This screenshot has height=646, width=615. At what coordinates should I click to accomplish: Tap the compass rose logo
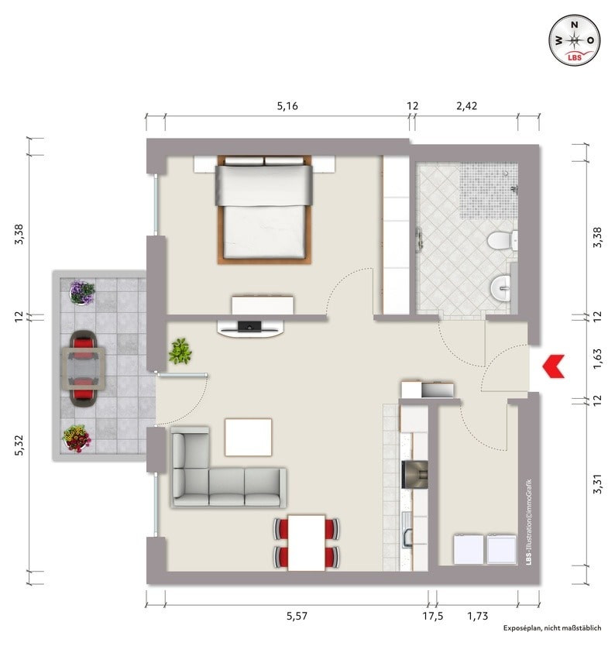[x=574, y=40]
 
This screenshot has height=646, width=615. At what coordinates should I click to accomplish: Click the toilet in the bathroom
[x=502, y=240]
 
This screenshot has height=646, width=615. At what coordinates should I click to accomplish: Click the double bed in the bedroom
[x=264, y=209]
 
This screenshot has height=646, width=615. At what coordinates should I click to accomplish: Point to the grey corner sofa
[x=228, y=468]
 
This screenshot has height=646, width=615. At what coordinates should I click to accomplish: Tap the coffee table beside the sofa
[x=248, y=437]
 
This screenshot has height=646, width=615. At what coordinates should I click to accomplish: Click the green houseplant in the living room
[x=180, y=351]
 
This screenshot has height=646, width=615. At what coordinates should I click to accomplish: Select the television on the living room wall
[x=250, y=326]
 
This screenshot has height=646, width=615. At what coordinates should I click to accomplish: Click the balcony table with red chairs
[x=83, y=368]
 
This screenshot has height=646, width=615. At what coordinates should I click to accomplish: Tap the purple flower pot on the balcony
[x=82, y=292]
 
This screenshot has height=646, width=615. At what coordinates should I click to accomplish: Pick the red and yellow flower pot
[x=76, y=438]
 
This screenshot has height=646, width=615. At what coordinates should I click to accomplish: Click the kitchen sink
[x=407, y=531]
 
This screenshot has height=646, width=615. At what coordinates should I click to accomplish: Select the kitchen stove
[x=414, y=474]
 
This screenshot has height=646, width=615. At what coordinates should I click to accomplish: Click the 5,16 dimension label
[x=287, y=106]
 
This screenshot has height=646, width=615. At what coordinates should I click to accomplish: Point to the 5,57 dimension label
[x=297, y=616]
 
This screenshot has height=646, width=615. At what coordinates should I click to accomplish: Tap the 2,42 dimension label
[x=466, y=106]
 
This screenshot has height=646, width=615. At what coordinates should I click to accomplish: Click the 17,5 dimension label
[x=432, y=616]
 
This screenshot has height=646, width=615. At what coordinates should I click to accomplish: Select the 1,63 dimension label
[x=597, y=359]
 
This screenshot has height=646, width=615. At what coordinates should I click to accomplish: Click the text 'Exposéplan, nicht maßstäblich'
[x=552, y=628]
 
